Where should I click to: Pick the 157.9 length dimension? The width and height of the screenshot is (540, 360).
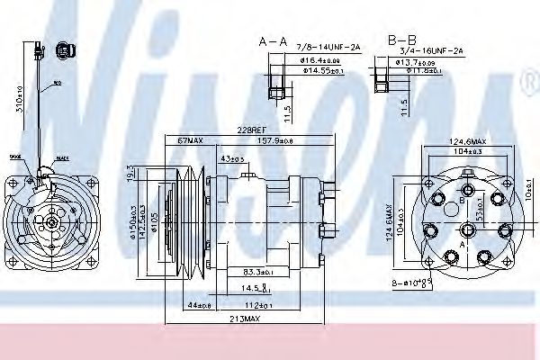coord(274,140)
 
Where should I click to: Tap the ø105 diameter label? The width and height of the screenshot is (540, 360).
coord(155,220)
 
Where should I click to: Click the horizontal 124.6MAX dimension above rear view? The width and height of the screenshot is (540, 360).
coord(467,141)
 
